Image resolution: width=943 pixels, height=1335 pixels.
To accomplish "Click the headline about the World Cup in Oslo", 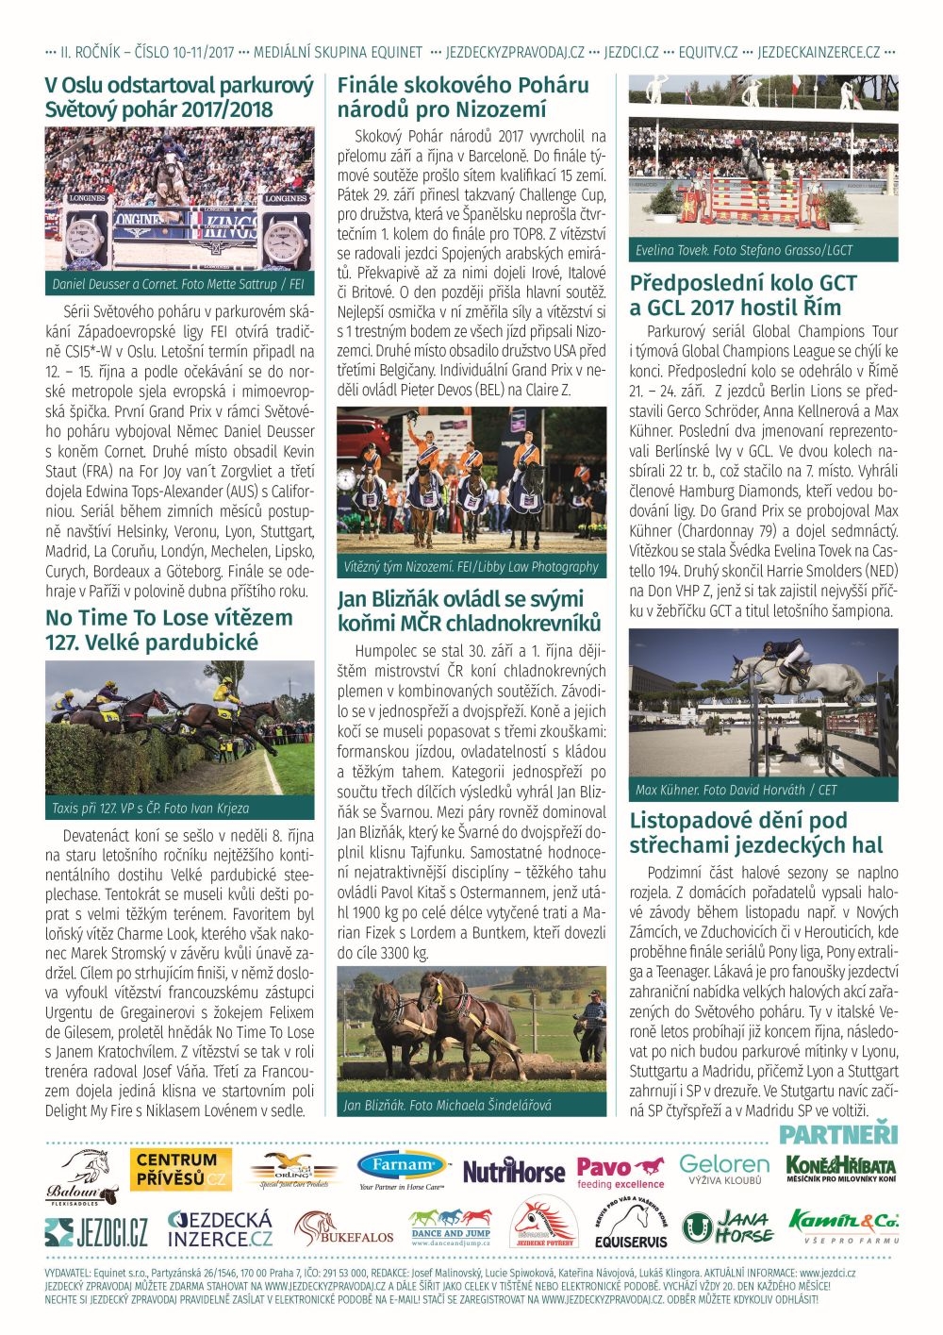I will point(179,97).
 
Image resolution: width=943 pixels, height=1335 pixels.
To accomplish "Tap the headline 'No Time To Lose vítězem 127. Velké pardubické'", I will point(169,630).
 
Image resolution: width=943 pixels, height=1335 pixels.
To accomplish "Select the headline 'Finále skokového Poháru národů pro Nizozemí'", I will point(463,97).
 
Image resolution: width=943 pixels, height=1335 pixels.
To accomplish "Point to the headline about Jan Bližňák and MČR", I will point(469,611).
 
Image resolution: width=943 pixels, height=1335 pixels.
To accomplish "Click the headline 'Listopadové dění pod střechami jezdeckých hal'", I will point(756,833).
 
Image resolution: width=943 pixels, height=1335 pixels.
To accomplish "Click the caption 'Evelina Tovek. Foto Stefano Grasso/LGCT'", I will point(744,250).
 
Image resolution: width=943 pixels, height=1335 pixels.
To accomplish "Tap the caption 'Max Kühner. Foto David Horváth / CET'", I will point(736,790).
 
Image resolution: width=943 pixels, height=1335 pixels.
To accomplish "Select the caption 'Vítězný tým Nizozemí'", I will point(471,567).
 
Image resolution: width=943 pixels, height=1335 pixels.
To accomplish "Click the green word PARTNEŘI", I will point(838,1134).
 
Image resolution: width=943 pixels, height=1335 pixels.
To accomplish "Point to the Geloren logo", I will point(724,1169).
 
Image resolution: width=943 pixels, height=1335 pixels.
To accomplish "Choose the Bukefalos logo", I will point(343,1229).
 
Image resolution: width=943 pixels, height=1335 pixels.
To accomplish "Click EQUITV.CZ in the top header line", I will point(707,53).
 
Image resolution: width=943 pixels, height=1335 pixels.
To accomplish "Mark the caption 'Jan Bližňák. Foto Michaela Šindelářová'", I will point(448,1105).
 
